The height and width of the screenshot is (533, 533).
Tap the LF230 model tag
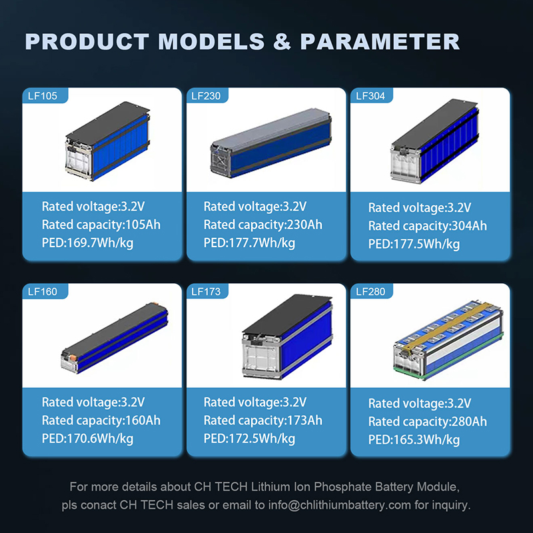[x=206, y=96]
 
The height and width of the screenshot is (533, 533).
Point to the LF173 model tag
[x=206, y=291]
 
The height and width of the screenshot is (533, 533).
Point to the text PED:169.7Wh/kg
[x=87, y=243]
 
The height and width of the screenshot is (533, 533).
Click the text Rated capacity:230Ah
[x=263, y=225]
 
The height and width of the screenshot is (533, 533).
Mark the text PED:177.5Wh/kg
[x=414, y=245]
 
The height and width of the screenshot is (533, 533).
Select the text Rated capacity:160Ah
[x=101, y=420]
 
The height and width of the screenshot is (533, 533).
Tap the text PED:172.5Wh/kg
[x=249, y=438]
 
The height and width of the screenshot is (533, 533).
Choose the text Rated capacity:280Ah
[x=427, y=422]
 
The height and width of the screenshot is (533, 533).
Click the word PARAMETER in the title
[x=380, y=41]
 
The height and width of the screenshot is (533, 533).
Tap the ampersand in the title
[x=282, y=41]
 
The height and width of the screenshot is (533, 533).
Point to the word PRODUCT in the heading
[x=85, y=41]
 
